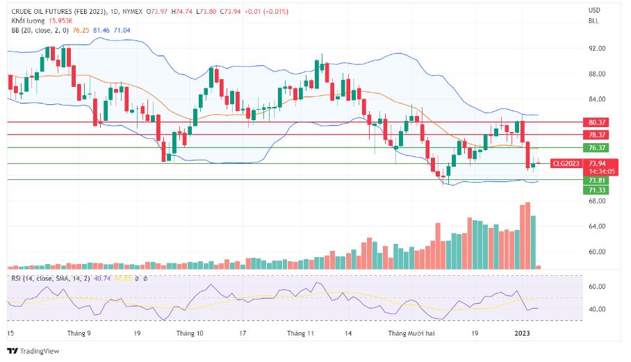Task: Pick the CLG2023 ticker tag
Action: coord(565,164)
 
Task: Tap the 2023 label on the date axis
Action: coord(522,334)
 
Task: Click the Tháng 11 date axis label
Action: coord(301,334)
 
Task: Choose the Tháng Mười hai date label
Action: coord(411,334)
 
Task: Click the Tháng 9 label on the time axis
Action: coord(79,334)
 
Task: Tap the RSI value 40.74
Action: coord(102,278)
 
